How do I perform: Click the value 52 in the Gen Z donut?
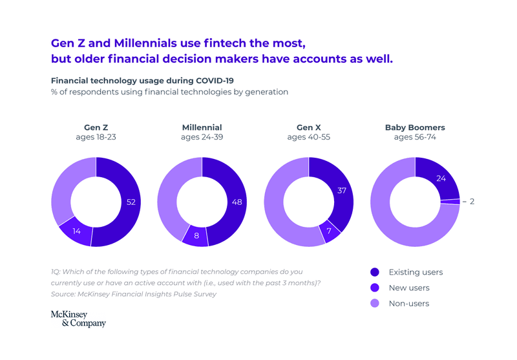click(131, 202)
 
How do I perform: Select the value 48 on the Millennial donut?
click(237, 202)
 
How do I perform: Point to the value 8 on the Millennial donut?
click(196, 236)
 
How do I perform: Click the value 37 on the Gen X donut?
click(342, 191)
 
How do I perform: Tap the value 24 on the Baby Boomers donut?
click(441, 178)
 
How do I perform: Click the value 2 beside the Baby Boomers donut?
click(472, 202)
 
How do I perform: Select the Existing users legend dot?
click(375, 272)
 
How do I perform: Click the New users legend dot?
click(375, 288)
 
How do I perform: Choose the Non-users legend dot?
click(375, 303)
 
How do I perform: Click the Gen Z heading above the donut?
click(96, 127)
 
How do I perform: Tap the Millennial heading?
click(202, 127)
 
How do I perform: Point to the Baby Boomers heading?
click(415, 127)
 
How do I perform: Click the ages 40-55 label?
click(308, 138)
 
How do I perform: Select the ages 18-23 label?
click(96, 138)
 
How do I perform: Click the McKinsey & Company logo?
click(78, 319)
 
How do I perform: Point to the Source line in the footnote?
click(133, 294)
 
